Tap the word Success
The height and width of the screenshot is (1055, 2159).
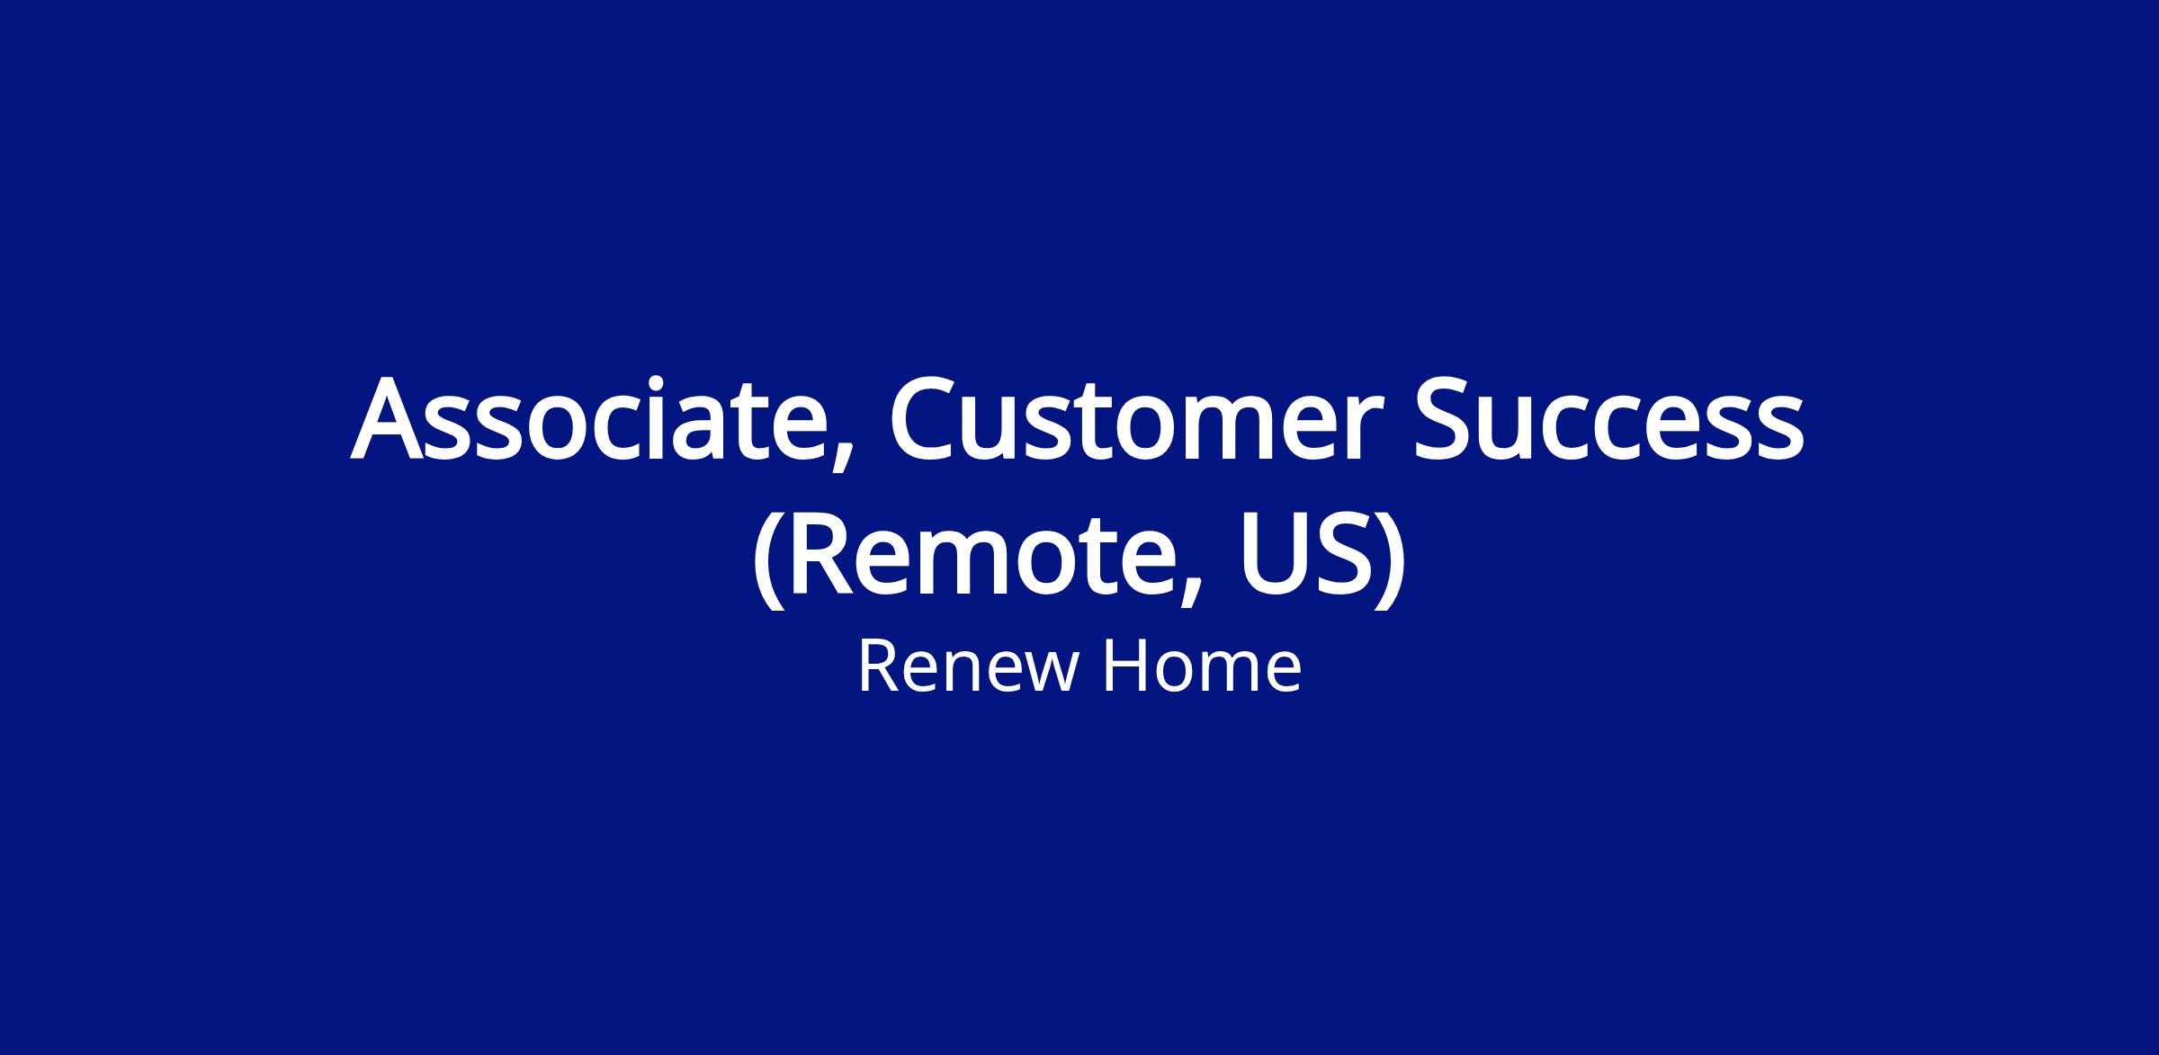(x=1610, y=419)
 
